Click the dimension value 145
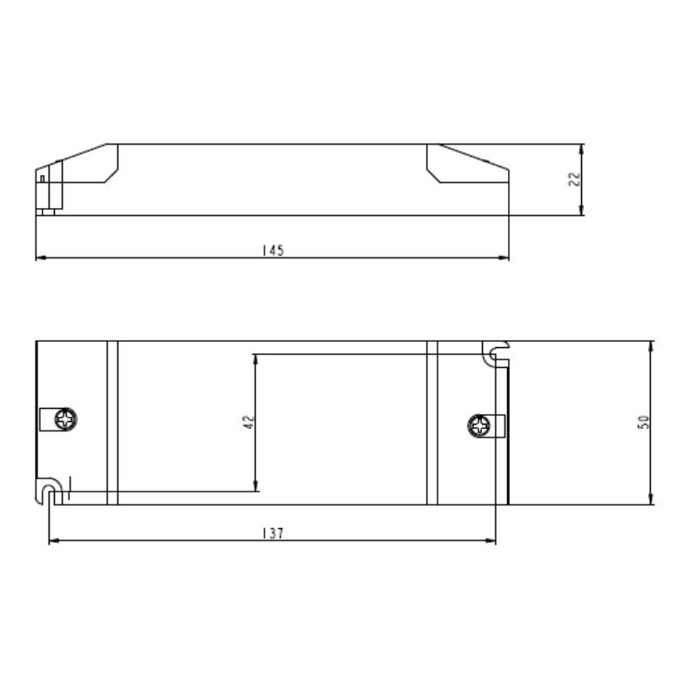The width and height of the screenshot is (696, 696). pos(272,251)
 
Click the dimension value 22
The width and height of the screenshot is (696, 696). pos(573,178)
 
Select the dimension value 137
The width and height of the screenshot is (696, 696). pos(272,533)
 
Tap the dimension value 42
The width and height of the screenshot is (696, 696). pos(247,423)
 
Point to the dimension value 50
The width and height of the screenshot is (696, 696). pos(643,423)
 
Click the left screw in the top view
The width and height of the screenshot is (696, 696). pos(65,419)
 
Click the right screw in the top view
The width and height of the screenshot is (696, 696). pos(478,426)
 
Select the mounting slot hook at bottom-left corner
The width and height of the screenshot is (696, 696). pos(50,490)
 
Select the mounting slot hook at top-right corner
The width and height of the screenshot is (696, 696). pos(496,352)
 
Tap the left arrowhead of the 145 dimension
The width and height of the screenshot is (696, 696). pos(40,258)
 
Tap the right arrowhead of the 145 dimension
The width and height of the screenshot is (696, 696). pos(504,258)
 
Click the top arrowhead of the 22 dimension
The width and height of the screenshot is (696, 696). pos(583,148)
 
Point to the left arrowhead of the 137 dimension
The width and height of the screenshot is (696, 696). pos(53,541)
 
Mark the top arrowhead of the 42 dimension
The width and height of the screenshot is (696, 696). pos(254,359)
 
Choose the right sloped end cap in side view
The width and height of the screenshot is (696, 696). pos(465,165)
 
